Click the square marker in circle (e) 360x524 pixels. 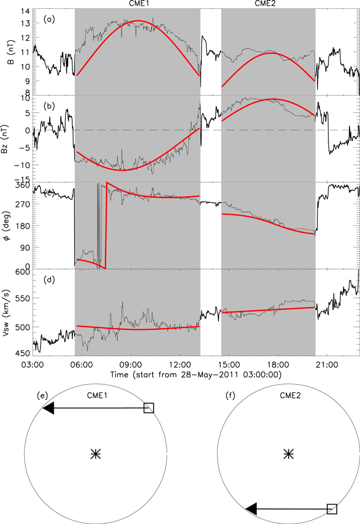click(149, 408)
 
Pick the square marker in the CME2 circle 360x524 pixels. click(332, 509)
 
